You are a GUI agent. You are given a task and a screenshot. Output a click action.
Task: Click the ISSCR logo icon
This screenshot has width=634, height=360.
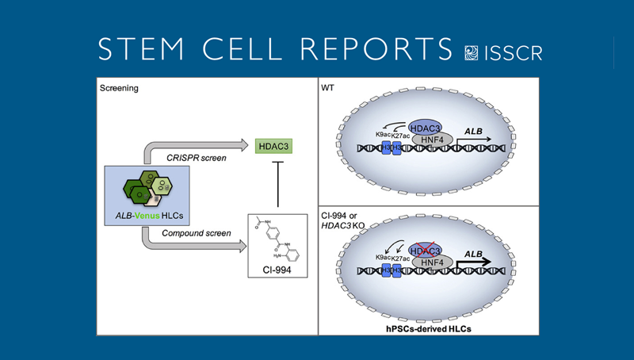(x=473, y=52)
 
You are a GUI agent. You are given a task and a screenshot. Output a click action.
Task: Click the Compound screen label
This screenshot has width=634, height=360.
(x=195, y=233)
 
